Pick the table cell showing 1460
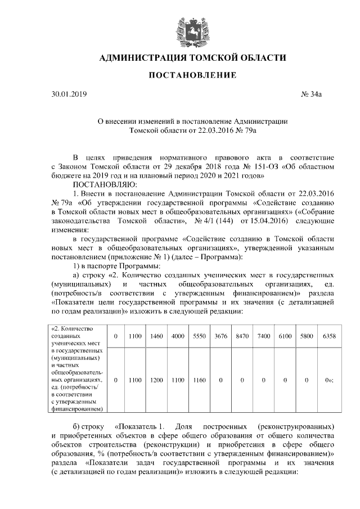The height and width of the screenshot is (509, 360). point(156,336)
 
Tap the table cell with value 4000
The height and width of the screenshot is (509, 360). point(178,336)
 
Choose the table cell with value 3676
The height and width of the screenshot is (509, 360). point(220,336)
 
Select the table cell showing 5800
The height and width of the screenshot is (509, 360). point(307,336)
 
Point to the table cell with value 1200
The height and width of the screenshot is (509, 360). point(156,380)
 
